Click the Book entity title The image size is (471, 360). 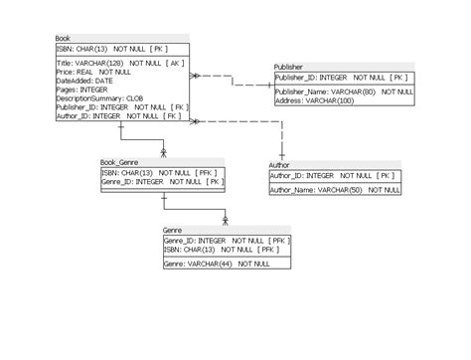click(x=64, y=38)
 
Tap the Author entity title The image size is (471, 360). click(x=280, y=164)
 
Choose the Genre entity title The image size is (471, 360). click(x=173, y=230)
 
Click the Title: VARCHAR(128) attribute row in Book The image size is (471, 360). click(x=119, y=63)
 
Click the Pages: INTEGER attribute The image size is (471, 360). click(x=80, y=90)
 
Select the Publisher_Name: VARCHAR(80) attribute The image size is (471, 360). click(x=326, y=91)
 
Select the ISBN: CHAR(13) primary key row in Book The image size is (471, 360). click(x=111, y=48)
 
